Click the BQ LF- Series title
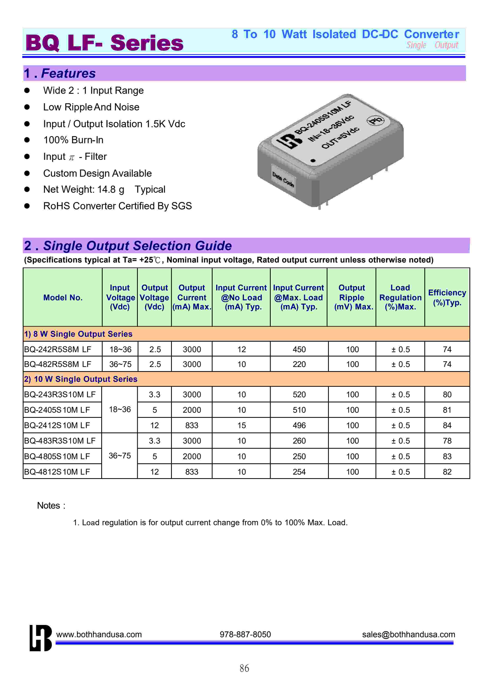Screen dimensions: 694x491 104,43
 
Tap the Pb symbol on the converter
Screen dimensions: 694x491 376,121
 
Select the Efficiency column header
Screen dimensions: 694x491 447,298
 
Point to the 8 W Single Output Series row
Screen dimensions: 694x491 78,334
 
